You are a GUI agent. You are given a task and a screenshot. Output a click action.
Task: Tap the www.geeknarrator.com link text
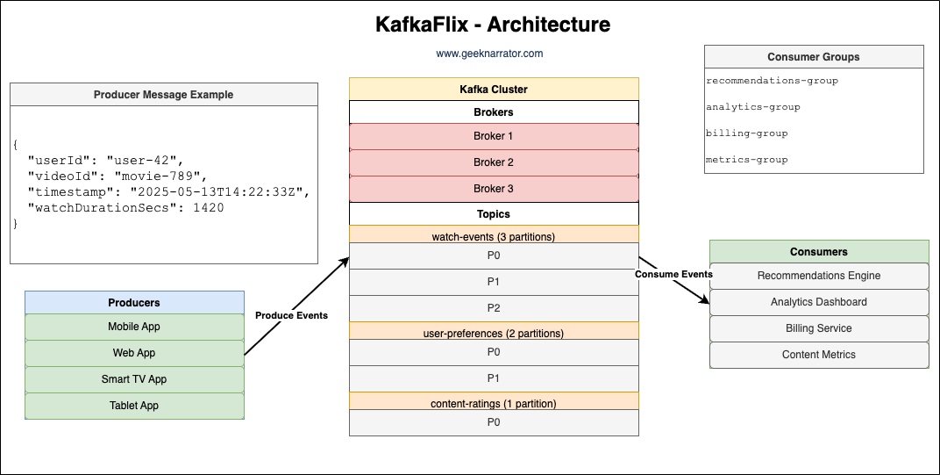click(489, 54)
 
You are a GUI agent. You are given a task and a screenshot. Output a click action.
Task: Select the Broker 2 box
click(493, 162)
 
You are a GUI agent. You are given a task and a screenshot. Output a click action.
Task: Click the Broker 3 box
click(493, 189)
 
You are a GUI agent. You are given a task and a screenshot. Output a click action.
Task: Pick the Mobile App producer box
click(134, 327)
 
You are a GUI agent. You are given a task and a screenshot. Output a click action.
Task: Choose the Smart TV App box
click(134, 379)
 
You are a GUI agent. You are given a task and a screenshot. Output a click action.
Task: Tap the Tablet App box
click(134, 406)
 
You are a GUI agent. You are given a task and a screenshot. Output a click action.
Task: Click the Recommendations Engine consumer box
click(818, 276)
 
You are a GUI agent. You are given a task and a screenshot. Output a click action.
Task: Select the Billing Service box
click(818, 328)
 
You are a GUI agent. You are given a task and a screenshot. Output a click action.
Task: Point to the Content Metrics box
click(818, 355)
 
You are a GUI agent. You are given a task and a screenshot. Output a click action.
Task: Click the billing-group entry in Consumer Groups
click(746, 133)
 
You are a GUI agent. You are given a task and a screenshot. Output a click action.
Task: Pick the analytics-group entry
click(752, 107)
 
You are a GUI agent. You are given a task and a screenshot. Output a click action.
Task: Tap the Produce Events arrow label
click(291, 315)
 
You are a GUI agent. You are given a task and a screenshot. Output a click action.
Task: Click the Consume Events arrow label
click(673, 274)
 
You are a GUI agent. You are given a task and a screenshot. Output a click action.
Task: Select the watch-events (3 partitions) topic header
click(493, 236)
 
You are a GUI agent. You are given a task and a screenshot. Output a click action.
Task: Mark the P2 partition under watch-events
click(493, 308)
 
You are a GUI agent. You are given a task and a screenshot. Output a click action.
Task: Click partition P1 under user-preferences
click(493, 378)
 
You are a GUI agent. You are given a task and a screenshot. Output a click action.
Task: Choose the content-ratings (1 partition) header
click(493, 403)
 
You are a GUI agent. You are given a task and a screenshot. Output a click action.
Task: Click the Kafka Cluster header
click(493, 89)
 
